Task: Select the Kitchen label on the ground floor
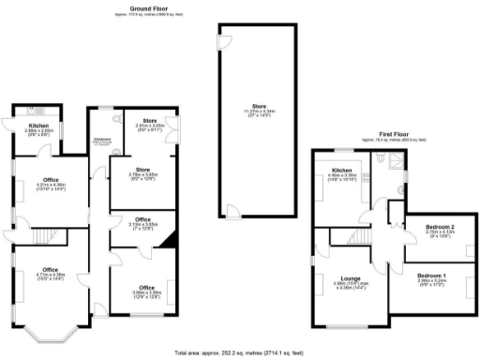click(x=37, y=125)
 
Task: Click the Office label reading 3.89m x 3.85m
click(x=146, y=288)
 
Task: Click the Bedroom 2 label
click(x=440, y=229)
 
